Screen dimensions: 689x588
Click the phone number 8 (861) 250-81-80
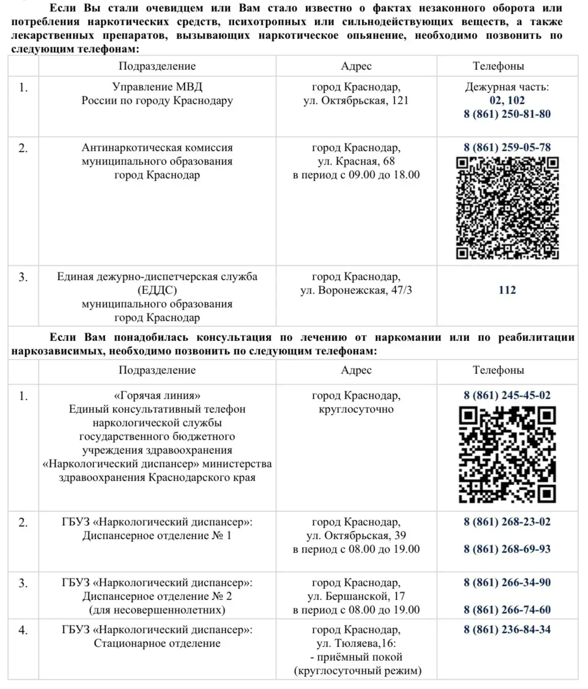click(x=507, y=114)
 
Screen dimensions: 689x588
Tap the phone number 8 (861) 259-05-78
click(x=507, y=147)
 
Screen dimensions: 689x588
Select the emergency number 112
click(x=507, y=290)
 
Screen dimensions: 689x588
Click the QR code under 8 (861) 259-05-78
click(x=507, y=208)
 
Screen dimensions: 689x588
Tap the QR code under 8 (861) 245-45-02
click(x=507, y=455)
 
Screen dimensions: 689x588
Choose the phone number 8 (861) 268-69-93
click(x=507, y=549)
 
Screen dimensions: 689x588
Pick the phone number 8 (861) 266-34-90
click(x=507, y=582)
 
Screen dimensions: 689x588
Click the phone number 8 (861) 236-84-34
click(x=507, y=629)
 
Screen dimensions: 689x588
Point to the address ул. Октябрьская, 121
click(x=356, y=100)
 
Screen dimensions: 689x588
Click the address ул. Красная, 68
click(x=356, y=161)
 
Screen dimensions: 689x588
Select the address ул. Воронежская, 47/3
click(x=356, y=290)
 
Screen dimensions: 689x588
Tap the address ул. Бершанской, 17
click(x=356, y=596)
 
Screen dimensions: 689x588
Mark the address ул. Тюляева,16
click(x=356, y=643)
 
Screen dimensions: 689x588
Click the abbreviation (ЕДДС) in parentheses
click(x=157, y=290)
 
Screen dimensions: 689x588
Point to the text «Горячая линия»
click(x=157, y=395)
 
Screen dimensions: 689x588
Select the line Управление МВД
click(x=157, y=87)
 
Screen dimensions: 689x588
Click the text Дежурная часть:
click(x=507, y=87)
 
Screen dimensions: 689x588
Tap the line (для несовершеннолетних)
click(x=157, y=610)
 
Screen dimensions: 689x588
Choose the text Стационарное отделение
click(x=157, y=643)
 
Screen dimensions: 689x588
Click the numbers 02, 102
click(x=507, y=100)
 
